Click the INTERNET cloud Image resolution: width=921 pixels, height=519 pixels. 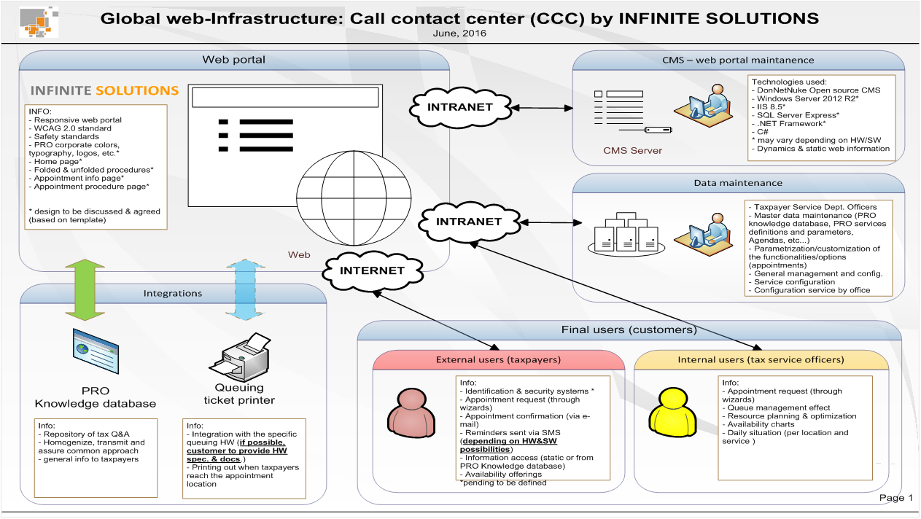[371, 270]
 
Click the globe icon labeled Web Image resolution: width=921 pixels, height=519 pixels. [352, 203]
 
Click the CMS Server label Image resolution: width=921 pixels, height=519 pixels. [632, 150]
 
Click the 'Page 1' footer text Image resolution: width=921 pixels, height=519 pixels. [895, 498]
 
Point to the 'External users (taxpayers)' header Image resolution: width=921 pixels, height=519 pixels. [498, 359]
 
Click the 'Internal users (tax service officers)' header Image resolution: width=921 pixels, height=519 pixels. [761, 359]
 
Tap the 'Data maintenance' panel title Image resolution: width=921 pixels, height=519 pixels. [738, 183]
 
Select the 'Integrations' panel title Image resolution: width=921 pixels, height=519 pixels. [173, 293]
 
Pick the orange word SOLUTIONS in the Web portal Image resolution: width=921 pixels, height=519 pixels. [137, 91]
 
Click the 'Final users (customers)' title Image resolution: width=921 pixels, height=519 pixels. [629, 329]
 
